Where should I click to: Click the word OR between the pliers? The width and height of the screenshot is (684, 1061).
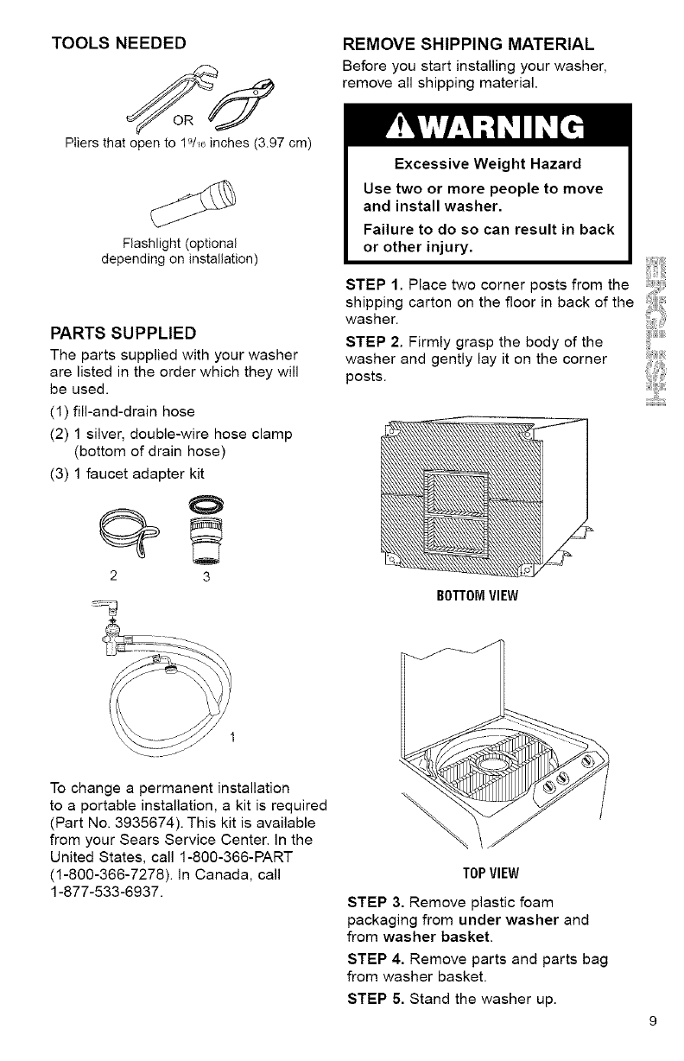180,118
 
